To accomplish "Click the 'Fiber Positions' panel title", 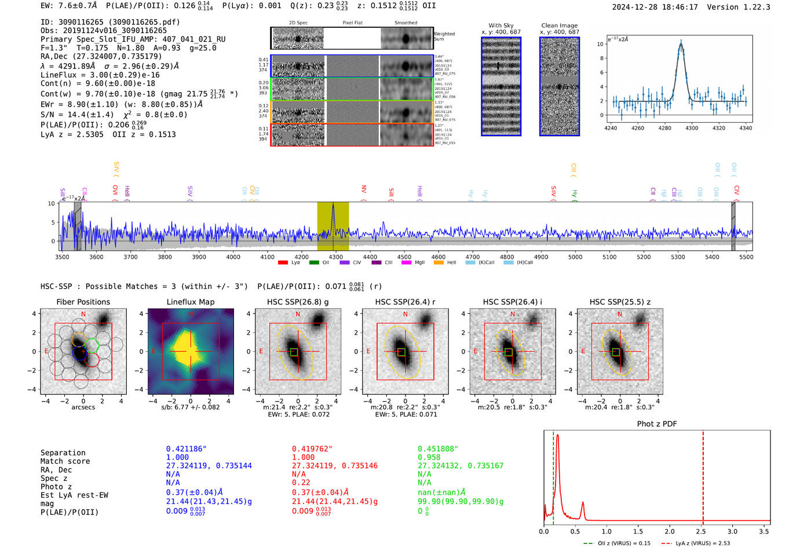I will (x=83, y=302).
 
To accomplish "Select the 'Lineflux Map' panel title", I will (x=191, y=302).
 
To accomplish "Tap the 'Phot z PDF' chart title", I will (x=657, y=423).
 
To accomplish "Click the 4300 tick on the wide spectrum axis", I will (x=335, y=257).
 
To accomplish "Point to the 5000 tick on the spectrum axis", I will (x=575, y=257).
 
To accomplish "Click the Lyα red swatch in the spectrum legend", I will (x=283, y=262).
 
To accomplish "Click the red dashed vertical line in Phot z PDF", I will (x=703, y=475).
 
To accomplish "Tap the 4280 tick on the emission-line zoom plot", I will (x=664, y=128).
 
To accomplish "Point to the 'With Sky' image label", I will (x=501, y=25).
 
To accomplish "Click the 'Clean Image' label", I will (x=559, y=25).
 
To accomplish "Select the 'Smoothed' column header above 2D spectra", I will (x=405, y=23).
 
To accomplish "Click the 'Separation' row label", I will (x=63, y=453).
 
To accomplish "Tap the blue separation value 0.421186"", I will (x=187, y=449).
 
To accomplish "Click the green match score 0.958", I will (x=429, y=457).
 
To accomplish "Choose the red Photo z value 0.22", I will (x=301, y=482).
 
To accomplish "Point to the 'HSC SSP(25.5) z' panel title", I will (x=620, y=302).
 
